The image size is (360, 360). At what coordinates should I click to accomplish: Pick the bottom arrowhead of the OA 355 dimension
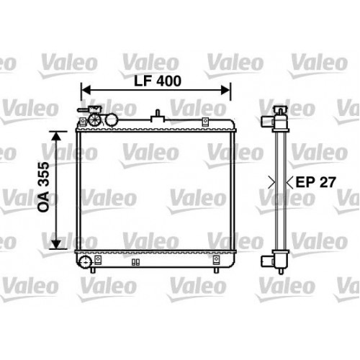pyautogui.click(x=58, y=243)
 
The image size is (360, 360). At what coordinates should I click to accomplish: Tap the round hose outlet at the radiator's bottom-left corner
pyautogui.click(x=86, y=261)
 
